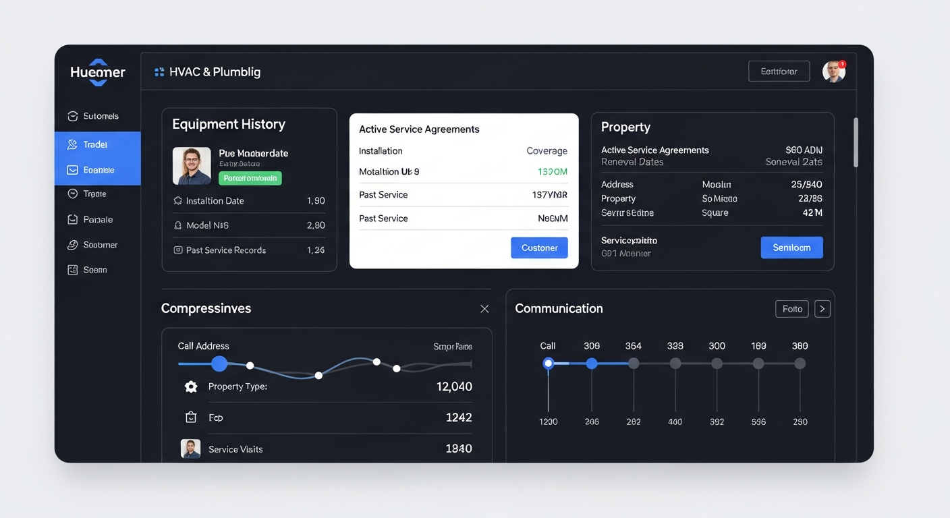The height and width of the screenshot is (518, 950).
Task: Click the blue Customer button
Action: click(539, 248)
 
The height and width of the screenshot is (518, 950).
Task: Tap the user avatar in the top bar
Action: click(834, 71)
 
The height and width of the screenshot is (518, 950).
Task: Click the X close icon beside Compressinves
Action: click(484, 309)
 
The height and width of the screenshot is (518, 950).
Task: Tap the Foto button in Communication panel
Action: click(792, 309)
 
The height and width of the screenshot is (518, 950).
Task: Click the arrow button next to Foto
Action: click(822, 309)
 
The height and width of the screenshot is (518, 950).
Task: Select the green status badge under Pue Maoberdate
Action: click(250, 178)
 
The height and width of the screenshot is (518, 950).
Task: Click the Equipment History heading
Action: click(229, 124)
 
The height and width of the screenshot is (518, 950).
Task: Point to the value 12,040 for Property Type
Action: click(454, 386)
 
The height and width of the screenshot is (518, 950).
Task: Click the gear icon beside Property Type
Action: click(191, 386)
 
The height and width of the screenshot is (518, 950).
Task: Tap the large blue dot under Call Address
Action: click(219, 364)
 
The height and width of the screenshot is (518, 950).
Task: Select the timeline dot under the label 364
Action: click(634, 364)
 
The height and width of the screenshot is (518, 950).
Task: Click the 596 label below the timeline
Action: click(758, 422)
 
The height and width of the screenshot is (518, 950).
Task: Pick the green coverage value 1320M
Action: click(552, 172)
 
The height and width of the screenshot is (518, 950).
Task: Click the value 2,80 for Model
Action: click(316, 225)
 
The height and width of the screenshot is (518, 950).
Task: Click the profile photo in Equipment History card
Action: click(192, 166)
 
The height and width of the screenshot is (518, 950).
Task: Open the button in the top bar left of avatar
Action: click(779, 71)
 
